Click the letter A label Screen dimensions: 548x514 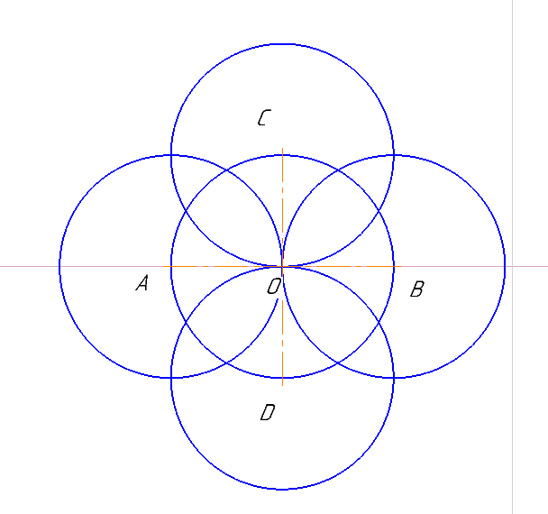coord(142,283)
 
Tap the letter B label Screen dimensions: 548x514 coord(417,289)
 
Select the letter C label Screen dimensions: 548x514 coord(265,117)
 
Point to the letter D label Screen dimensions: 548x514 coord(268,412)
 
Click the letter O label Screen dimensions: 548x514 coord(274,287)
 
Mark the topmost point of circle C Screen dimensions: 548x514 coord(282,44)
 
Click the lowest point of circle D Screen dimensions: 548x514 coord(282,489)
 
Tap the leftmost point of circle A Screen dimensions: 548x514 coord(60,266)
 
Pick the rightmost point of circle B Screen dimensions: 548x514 coord(505,266)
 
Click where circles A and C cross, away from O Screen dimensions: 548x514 coord(171,155)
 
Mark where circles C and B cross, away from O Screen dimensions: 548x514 coord(394,155)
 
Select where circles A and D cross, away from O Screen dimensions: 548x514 coord(171,378)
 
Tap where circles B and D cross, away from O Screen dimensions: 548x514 coord(394,378)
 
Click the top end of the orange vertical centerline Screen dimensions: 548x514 coord(282,148)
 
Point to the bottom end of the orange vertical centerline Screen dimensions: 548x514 coord(282,385)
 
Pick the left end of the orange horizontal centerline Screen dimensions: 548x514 coord(163,266)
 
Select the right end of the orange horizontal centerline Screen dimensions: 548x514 coord(401,266)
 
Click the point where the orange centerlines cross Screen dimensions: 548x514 coord(282,266)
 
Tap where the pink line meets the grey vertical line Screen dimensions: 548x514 coord(512,266)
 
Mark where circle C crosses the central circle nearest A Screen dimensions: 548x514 coord(186,211)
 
